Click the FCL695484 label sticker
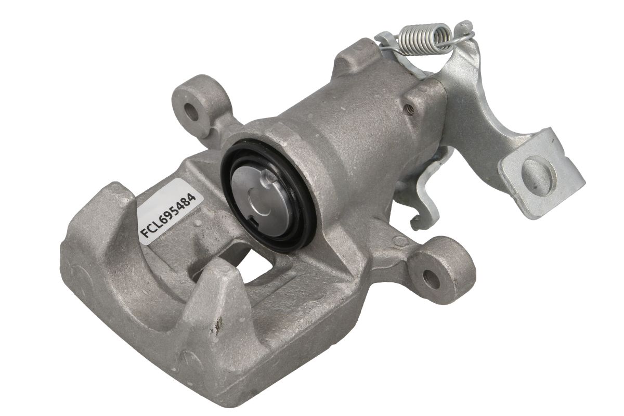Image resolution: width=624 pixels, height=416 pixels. (x=167, y=212)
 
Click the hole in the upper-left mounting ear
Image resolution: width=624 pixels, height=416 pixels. (x=192, y=112)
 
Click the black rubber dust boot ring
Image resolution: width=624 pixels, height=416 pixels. (x=268, y=196)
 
